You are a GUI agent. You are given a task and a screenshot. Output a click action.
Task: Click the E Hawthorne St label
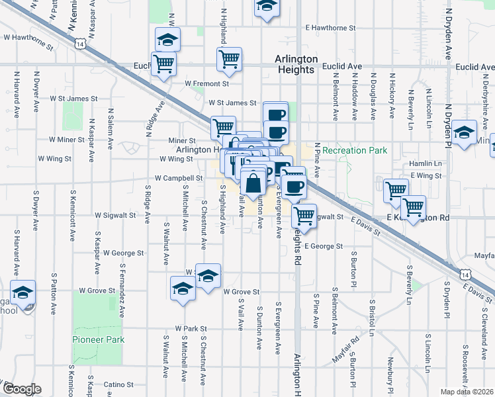[x=330, y=28]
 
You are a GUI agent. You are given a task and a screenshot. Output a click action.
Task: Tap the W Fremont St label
[x=206, y=84]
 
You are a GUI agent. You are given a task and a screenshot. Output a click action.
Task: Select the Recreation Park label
[x=355, y=150]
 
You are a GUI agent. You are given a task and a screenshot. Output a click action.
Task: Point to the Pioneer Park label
[x=98, y=339]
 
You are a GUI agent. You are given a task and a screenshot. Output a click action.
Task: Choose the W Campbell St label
[x=179, y=178]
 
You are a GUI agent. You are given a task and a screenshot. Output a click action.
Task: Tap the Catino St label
[x=119, y=384]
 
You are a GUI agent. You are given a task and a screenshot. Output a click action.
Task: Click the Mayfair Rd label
[x=346, y=350]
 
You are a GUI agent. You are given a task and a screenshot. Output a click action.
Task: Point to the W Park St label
[x=191, y=328]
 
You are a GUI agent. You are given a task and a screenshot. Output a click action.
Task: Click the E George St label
[x=324, y=246]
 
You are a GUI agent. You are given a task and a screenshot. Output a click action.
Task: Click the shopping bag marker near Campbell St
[x=253, y=183]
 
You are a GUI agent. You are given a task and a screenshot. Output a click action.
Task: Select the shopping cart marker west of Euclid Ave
[x=163, y=64]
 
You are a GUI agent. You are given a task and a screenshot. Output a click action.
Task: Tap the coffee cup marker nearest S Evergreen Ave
[x=293, y=187]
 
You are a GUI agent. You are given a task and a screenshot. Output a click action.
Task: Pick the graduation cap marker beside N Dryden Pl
[x=465, y=133]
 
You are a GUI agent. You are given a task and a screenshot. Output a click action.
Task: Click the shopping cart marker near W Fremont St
[x=228, y=60]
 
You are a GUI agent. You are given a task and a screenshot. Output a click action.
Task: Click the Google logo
[x=22, y=389]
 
